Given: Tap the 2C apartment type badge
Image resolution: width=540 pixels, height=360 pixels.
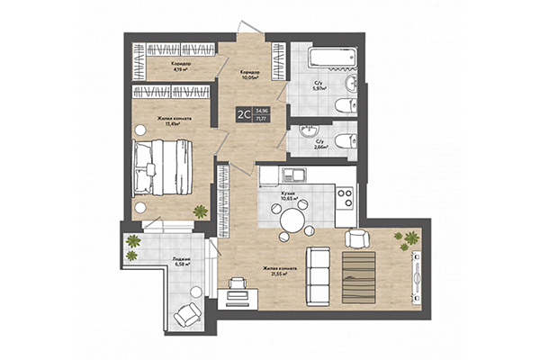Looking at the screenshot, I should point(243,113).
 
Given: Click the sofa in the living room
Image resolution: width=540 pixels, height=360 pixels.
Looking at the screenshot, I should point(317,274).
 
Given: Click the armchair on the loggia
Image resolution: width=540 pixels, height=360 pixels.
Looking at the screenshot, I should point(189,313).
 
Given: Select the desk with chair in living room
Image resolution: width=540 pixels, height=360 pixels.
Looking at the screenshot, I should point(236,290).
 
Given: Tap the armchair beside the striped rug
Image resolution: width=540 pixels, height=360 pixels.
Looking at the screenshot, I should point(357,238).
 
